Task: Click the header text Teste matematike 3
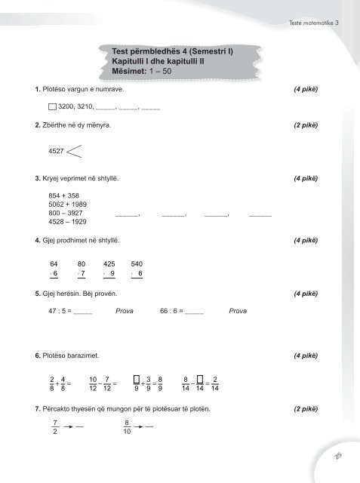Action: [314, 23]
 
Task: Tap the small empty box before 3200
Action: [51, 108]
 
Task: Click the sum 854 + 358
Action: [63, 195]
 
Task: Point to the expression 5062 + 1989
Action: [66, 204]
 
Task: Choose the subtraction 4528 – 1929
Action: [66, 222]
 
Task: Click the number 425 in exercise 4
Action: [109, 263]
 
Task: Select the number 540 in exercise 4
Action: [137, 263]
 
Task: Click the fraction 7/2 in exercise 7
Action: [55, 428]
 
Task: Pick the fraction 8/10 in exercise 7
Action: [128, 428]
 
